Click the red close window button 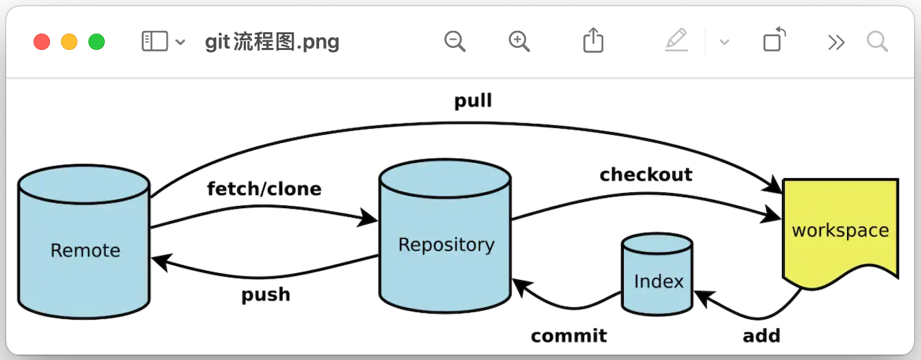click(x=42, y=42)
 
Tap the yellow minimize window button click(x=69, y=42)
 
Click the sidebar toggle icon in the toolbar click(x=154, y=42)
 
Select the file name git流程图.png click(x=272, y=42)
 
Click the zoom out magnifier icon click(x=455, y=42)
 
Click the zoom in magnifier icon click(x=520, y=42)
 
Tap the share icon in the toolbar click(x=593, y=41)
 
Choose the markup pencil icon click(x=676, y=41)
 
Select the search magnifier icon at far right click(x=877, y=42)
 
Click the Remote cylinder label click(x=85, y=250)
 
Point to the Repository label click(x=446, y=244)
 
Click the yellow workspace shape click(x=840, y=231)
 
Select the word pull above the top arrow click(x=473, y=101)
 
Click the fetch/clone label click(x=264, y=188)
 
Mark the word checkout click(x=646, y=175)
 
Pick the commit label click(x=568, y=336)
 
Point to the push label click(x=266, y=294)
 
